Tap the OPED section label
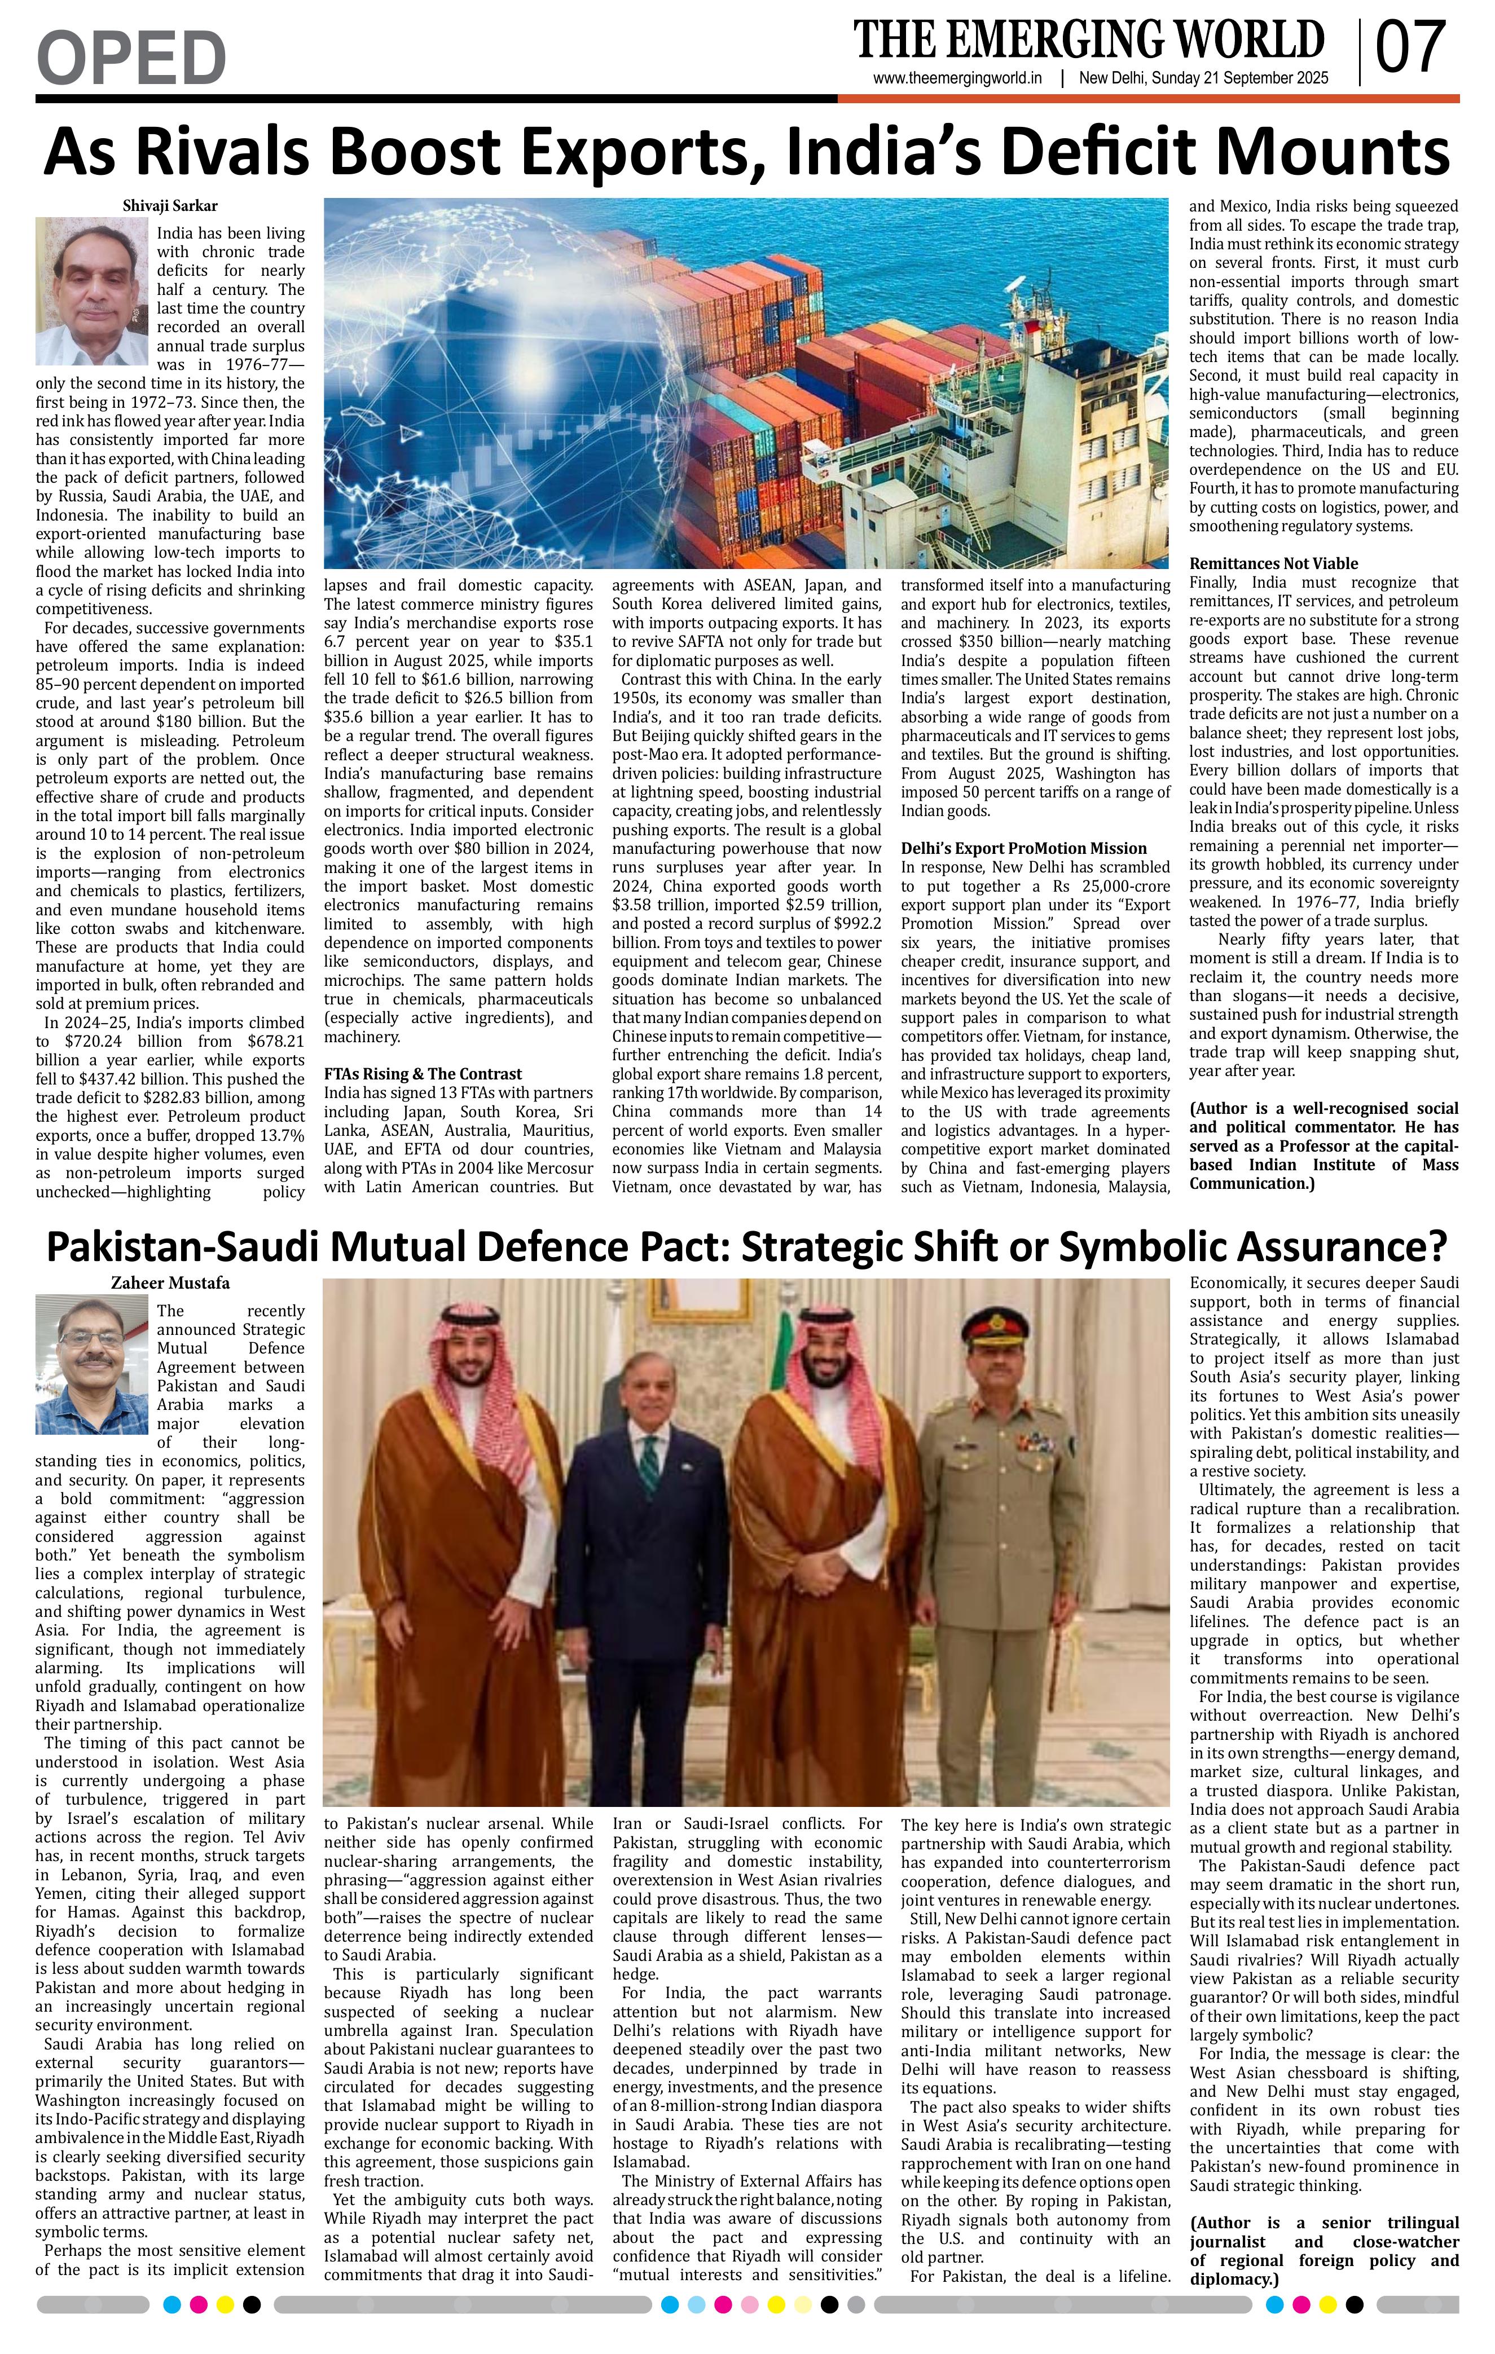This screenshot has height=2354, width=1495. pyautogui.click(x=131, y=57)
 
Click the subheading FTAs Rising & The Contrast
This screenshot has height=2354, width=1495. pyautogui.click(x=423, y=1073)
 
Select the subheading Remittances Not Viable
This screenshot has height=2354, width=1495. pyautogui.click(x=1273, y=563)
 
